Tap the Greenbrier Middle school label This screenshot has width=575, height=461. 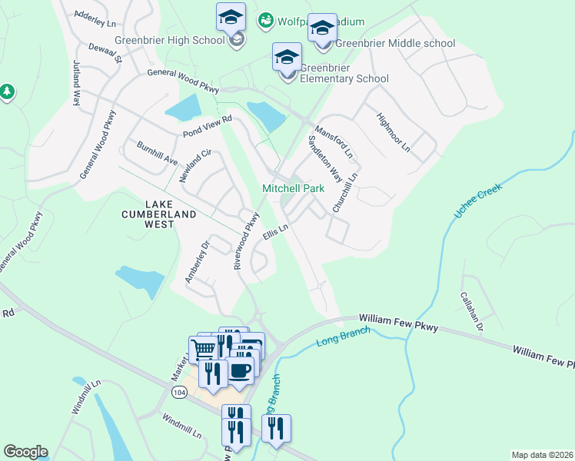tap(396, 44)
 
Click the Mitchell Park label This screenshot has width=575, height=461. tap(293, 188)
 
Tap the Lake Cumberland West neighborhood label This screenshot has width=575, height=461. tap(159, 209)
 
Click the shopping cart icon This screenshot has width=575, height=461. tap(203, 349)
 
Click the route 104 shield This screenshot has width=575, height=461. tap(179, 393)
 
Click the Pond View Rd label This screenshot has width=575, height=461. tap(207, 127)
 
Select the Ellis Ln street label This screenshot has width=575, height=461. tap(274, 233)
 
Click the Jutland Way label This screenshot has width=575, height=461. tap(77, 81)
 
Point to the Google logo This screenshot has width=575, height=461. tap(25, 452)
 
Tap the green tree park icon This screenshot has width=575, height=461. tap(7, 92)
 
